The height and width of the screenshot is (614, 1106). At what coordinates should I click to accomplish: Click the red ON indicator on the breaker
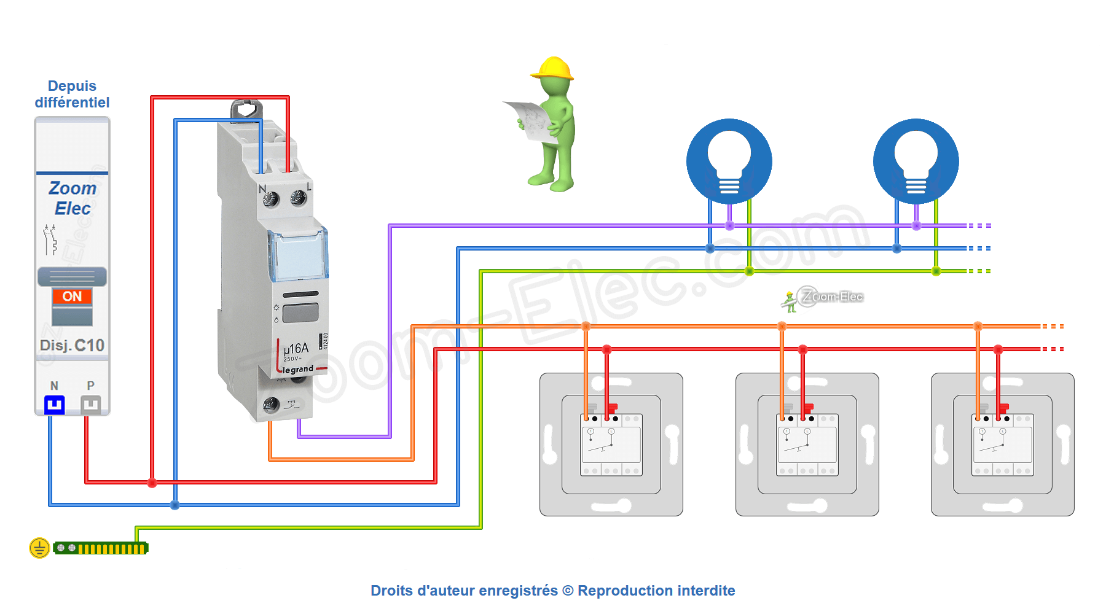coord(72,297)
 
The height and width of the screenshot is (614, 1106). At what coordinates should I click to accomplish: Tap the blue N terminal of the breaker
coord(55,405)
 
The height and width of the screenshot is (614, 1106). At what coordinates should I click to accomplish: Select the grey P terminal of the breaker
coord(90,405)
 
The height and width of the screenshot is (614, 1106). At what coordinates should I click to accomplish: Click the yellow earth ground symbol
coord(39,548)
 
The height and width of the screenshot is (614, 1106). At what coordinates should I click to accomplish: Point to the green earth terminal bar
coord(101,548)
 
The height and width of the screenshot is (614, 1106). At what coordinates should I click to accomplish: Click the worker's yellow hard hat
coord(553,68)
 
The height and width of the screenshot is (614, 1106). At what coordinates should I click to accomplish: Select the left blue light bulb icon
coord(729,161)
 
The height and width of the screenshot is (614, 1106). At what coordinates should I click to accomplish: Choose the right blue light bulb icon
coord(916,161)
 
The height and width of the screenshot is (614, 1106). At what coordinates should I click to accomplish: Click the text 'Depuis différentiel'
coord(72,94)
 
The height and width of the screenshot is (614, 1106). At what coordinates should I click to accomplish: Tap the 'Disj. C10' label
coord(72,345)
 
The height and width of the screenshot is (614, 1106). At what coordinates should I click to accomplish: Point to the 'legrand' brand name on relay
coord(298,370)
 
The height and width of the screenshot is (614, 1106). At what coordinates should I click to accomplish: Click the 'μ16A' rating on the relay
coord(296,349)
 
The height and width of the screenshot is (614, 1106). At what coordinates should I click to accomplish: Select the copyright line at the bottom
coord(552,591)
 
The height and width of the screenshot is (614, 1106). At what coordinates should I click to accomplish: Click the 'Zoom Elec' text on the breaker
coord(72,198)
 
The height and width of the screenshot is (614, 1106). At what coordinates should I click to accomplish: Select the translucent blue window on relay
coord(298,255)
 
